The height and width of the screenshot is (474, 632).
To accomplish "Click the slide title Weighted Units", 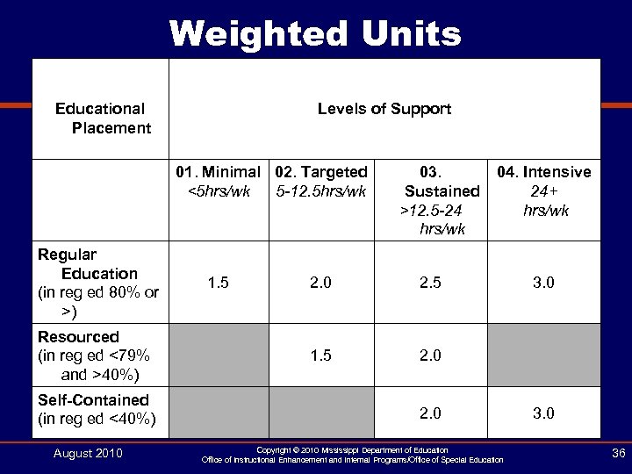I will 315,34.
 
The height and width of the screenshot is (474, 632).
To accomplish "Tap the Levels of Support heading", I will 384,109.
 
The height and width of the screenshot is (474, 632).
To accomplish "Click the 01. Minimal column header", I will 217,180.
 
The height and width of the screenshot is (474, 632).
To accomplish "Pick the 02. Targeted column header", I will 320,180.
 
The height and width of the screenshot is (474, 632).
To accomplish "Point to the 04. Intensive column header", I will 544,190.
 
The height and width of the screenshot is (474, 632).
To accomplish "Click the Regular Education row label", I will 97,283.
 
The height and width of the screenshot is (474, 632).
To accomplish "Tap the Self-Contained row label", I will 97,409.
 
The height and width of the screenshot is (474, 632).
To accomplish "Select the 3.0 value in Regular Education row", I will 544,284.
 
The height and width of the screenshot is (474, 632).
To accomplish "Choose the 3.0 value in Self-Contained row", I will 544,413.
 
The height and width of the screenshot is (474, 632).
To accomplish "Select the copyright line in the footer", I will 352,449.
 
